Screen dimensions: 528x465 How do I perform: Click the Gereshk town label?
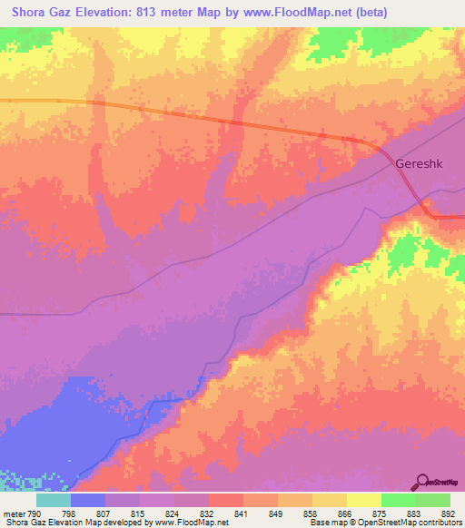pos(420,165)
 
